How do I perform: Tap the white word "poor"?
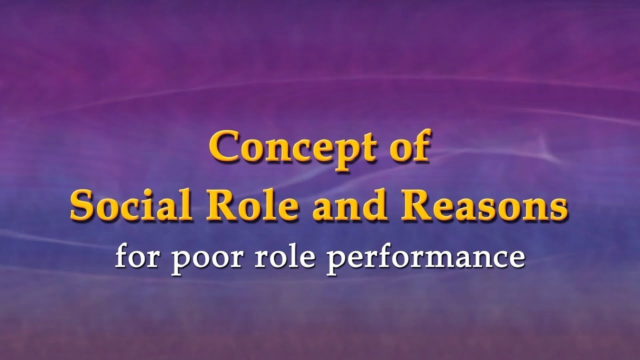[196, 259]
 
